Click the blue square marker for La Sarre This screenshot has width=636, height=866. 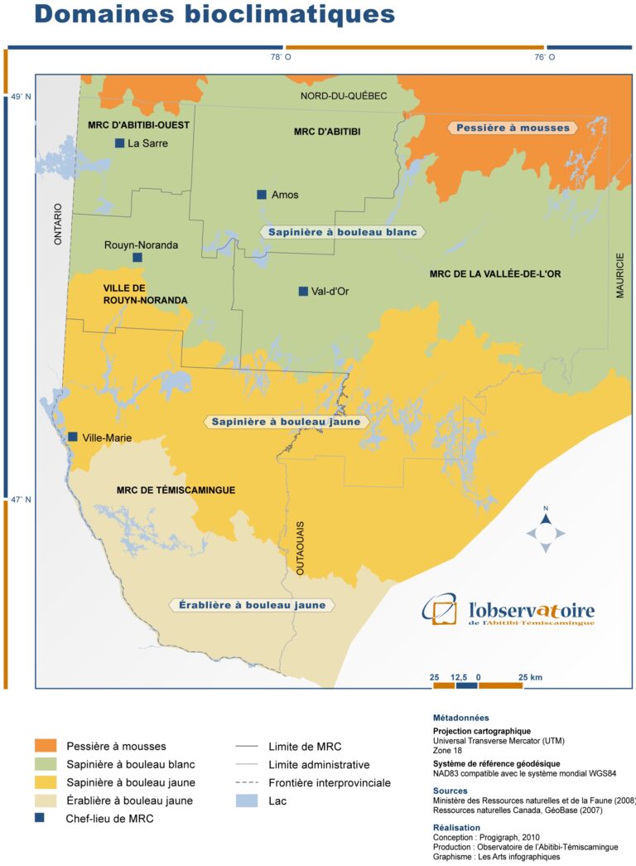pyautogui.click(x=119, y=143)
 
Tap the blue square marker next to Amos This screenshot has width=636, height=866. pyautogui.click(x=262, y=195)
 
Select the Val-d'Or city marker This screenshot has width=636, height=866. pyautogui.click(x=303, y=291)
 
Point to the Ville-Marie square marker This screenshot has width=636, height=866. pyautogui.click(x=73, y=437)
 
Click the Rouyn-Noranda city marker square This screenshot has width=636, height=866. pyautogui.click(x=137, y=258)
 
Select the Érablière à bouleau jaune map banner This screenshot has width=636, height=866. pyautogui.click(x=252, y=605)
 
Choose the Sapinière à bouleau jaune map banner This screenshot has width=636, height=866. pyautogui.click(x=286, y=422)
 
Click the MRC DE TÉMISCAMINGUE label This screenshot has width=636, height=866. pyautogui.click(x=176, y=491)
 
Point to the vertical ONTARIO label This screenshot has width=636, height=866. pyautogui.click(x=58, y=224)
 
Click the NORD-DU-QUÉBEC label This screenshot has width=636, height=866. pyautogui.click(x=344, y=96)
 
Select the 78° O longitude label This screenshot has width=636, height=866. pyautogui.click(x=280, y=57)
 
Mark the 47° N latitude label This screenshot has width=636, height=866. pyautogui.click(x=21, y=500)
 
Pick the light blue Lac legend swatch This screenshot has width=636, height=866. pyautogui.click(x=247, y=801)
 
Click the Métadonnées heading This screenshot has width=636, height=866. pyautogui.click(x=460, y=718)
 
